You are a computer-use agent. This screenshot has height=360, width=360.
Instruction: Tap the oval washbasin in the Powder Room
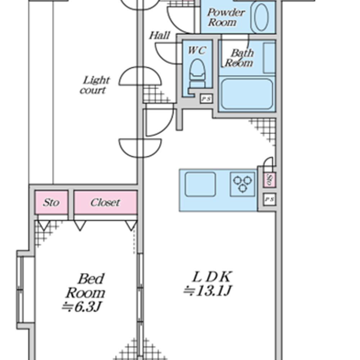261,17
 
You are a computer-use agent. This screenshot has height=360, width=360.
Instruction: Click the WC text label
197,51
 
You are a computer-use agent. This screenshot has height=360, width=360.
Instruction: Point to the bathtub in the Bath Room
247,94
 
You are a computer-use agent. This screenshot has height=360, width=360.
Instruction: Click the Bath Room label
239,58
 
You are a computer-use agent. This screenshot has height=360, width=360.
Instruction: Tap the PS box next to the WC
206,99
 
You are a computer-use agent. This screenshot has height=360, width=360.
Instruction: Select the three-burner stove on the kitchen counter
242,184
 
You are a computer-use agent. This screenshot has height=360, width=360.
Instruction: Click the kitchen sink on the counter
201,184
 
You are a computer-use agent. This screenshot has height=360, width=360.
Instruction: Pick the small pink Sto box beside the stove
269,180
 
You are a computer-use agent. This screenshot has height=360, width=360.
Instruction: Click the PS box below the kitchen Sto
269,199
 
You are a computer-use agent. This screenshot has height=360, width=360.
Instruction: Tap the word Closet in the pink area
105,202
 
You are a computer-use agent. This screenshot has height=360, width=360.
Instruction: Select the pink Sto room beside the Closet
51,202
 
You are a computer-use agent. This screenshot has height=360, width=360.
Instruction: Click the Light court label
95,85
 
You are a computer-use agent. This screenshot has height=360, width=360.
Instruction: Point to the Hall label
159,35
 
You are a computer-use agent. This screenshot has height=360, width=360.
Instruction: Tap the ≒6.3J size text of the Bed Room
83,307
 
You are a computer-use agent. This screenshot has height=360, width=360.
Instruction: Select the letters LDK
211,277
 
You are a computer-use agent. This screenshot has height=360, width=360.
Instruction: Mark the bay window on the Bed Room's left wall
21,290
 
